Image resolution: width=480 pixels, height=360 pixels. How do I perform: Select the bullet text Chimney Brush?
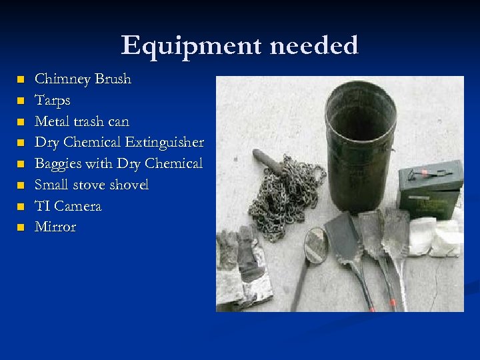[x=83, y=79]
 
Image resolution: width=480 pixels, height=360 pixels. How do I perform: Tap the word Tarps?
[x=52, y=101]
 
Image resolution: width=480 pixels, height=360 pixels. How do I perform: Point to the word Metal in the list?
[x=51, y=122]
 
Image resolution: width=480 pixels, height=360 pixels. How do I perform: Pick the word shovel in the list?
[x=128, y=185]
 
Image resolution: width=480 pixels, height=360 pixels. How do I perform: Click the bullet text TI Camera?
[x=68, y=206]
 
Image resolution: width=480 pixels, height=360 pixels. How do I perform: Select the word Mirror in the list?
[x=55, y=227]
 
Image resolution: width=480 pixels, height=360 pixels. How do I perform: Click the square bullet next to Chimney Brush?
[x=21, y=80]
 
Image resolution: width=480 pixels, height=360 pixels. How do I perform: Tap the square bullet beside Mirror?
[x=21, y=227]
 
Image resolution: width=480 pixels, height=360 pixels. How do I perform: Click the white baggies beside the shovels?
[x=435, y=236]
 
